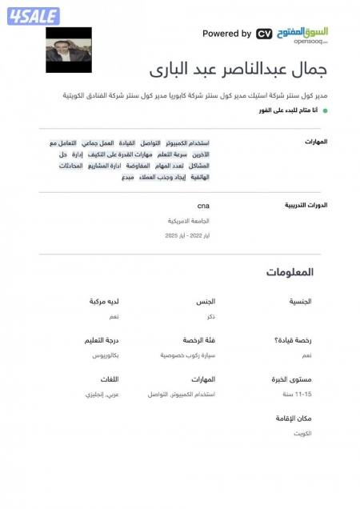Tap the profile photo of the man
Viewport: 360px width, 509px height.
68,50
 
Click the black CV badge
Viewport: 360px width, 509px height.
264,34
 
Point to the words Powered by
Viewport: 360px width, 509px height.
226,34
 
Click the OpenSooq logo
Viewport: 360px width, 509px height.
302,34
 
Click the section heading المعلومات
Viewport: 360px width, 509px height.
290,273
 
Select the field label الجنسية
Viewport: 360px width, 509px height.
298,302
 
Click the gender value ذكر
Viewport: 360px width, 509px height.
210,317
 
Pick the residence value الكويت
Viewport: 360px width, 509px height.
302,433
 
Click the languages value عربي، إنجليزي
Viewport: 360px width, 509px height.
102,395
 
